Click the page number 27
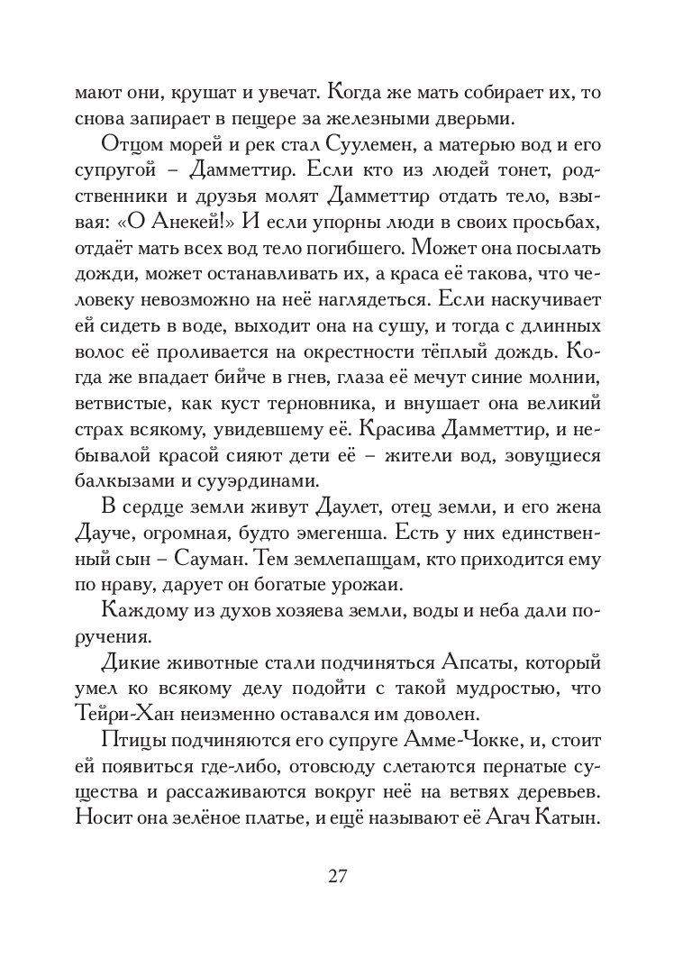(346, 876)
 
